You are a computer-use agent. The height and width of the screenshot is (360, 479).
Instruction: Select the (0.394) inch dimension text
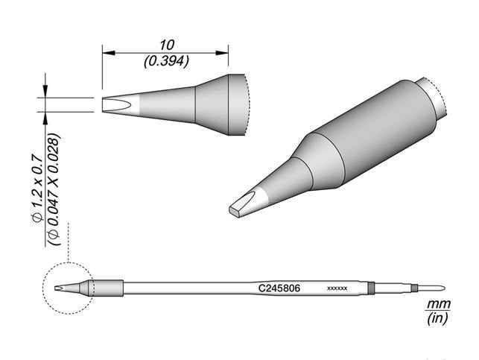tap(165, 61)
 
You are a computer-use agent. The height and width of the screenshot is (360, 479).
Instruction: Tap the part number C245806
tap(279, 287)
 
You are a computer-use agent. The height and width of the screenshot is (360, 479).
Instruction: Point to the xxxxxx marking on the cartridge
tap(337, 288)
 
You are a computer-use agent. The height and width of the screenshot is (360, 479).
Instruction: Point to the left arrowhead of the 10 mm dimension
tap(107, 52)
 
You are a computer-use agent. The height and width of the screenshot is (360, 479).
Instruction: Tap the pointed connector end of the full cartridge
tap(441, 288)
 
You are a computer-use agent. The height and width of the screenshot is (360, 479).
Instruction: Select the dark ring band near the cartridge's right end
tap(371, 288)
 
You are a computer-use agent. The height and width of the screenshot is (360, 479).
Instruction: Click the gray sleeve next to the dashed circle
tap(107, 288)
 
